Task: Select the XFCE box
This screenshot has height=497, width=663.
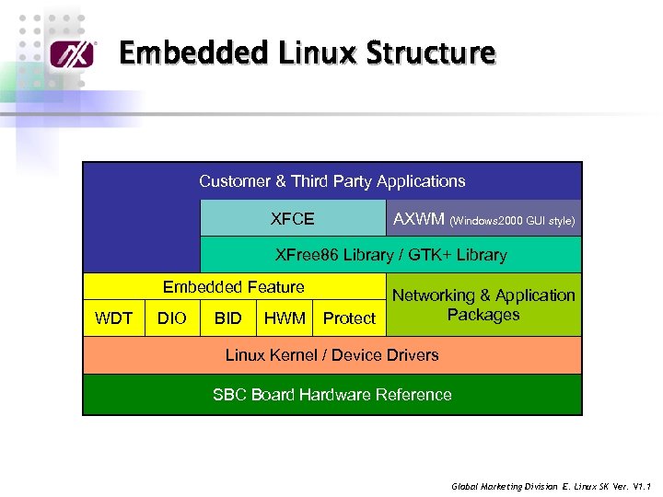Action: click(x=293, y=219)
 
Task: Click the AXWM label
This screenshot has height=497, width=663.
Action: click(x=419, y=219)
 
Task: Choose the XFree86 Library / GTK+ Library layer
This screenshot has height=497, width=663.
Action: click(x=391, y=255)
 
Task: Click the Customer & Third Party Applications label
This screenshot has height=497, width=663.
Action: click(x=332, y=181)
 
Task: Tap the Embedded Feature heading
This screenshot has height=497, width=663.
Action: click(x=233, y=287)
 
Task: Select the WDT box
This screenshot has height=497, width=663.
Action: click(x=114, y=318)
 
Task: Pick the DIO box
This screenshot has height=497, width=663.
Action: click(x=172, y=318)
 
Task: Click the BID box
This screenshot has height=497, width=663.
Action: click(x=227, y=318)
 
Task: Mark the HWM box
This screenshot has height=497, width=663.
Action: click(x=285, y=318)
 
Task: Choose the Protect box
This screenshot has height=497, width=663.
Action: click(x=349, y=318)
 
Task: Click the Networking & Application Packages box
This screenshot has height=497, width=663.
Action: click(x=483, y=305)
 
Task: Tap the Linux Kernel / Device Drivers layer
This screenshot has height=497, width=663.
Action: click(x=332, y=354)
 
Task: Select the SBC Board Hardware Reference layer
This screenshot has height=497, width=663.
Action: click(x=332, y=395)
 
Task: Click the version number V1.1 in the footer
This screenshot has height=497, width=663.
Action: click(x=642, y=486)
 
